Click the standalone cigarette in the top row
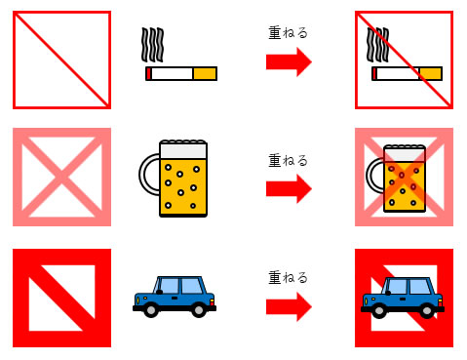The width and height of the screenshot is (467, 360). [x=180, y=73]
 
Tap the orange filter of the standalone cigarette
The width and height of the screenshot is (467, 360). [x=205, y=73]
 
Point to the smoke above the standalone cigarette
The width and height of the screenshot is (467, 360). [x=152, y=42]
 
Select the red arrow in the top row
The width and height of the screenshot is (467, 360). [x=289, y=63]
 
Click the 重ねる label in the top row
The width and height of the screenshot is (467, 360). [x=288, y=32]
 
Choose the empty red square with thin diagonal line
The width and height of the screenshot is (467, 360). [x=61, y=60]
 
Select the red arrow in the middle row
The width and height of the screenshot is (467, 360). [x=289, y=186]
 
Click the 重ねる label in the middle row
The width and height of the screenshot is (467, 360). [x=288, y=155]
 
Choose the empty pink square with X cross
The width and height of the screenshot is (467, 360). [x=61, y=177]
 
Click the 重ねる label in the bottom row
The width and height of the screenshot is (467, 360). [x=288, y=277]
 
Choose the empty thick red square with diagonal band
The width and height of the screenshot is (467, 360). [x=61, y=298]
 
